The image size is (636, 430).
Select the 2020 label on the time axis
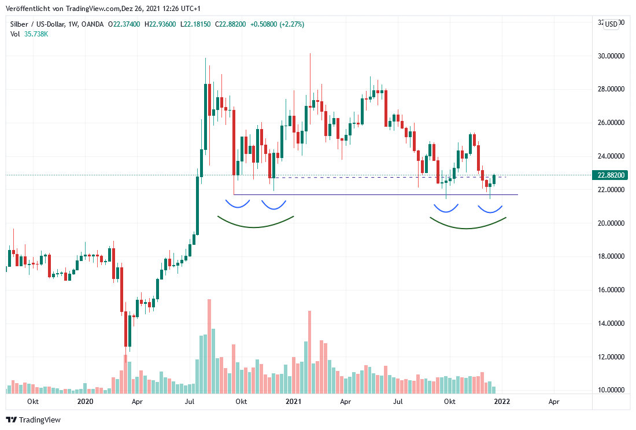pyautogui.click(x=85, y=401)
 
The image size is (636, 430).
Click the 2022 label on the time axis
pyautogui.click(x=501, y=401)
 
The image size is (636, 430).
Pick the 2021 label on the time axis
pyautogui.click(x=293, y=401)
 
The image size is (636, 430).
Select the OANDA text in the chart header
pyautogui.click(x=93, y=24)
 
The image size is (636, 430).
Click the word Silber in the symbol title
pyautogui.click(x=21, y=24)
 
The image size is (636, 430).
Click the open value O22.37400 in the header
pyautogui.click(x=126, y=24)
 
